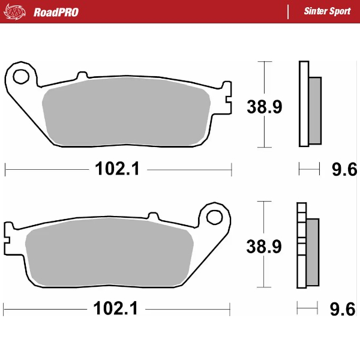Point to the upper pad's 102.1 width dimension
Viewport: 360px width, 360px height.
[117, 170]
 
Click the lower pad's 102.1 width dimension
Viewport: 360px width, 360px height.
[116, 309]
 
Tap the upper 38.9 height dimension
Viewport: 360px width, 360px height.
[265, 107]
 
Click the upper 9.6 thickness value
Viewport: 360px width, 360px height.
[344, 170]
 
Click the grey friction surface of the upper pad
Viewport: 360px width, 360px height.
[126, 114]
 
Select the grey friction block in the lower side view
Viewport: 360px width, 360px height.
[313, 251]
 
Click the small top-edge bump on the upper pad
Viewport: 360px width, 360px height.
[81, 76]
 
